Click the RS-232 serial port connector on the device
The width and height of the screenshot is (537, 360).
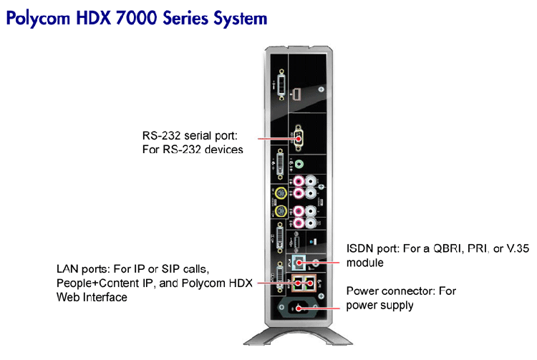click(299, 138)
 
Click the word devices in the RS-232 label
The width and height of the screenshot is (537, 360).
click(223, 150)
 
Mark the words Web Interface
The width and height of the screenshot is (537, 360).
click(92, 296)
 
